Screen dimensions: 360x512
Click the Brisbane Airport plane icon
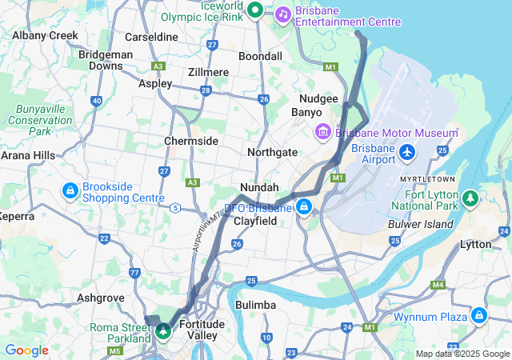[x=407, y=151]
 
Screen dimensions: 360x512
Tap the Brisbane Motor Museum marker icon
[x=323, y=131]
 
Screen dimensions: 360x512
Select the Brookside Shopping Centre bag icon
[x=70, y=191]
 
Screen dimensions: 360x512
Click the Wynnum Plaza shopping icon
[x=478, y=316]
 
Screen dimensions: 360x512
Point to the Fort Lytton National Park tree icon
[x=472, y=196]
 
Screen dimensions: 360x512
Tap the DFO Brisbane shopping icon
[x=303, y=208]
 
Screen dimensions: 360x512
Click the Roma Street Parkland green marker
[x=163, y=330]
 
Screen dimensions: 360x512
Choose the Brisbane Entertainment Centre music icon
[x=282, y=14]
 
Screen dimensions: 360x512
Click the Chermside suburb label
[x=191, y=141]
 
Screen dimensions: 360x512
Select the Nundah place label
[x=259, y=187]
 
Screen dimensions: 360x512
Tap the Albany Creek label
[x=45, y=35]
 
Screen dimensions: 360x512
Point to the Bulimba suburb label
[x=256, y=305]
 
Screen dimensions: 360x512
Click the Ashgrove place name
[x=100, y=297]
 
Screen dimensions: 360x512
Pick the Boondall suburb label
[x=260, y=57]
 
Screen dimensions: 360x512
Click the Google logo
[x=26, y=350]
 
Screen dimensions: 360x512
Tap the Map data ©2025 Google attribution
[x=462, y=354]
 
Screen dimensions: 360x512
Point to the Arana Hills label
[x=27, y=155]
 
